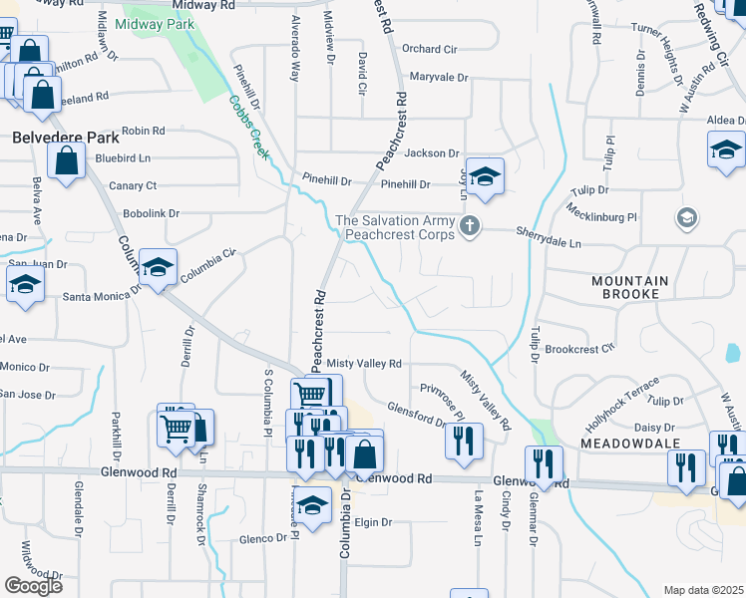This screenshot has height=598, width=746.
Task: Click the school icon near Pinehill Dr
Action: click(485, 176)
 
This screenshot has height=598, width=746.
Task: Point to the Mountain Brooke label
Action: click(638, 287)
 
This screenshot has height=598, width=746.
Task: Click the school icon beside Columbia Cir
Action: click(159, 267)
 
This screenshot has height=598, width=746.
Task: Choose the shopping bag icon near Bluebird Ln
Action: click(66, 160)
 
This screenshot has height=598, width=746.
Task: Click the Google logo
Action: click(33, 585)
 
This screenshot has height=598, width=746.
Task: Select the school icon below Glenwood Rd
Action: click(312, 504)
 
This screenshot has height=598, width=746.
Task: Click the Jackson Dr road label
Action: click(433, 153)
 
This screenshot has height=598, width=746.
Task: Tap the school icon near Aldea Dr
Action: click(726, 150)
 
